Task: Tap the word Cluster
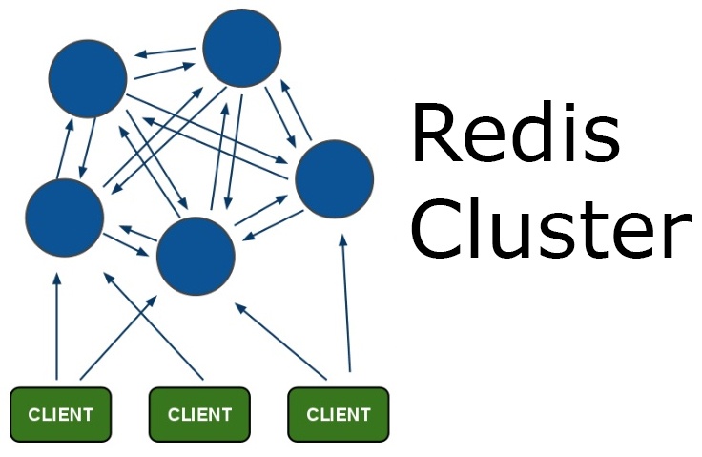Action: pyautogui.click(x=550, y=228)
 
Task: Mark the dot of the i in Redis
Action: pyautogui.click(x=572, y=105)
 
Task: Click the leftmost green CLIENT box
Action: pyautogui.click(x=60, y=414)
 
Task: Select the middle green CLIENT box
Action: pyautogui.click(x=199, y=414)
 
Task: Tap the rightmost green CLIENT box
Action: pyautogui.click(x=339, y=414)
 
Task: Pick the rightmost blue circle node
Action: pyautogui.click(x=334, y=179)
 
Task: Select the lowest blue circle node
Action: pyautogui.click(x=196, y=256)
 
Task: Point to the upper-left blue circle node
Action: pyautogui.click(x=88, y=79)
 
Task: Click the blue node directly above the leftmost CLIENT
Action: pyautogui.click(x=64, y=218)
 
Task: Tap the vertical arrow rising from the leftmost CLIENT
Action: pyautogui.click(x=57, y=324)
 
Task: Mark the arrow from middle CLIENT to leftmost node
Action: pyautogui.click(x=153, y=324)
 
